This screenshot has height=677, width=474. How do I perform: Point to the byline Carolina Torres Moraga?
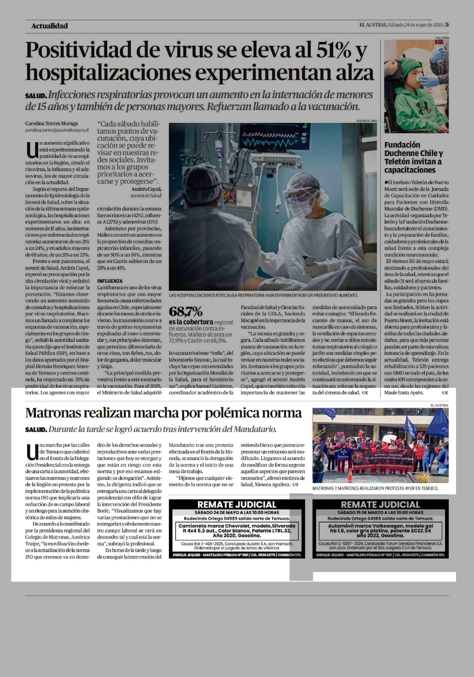tap(51, 124)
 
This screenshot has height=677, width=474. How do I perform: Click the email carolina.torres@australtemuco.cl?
tap(57, 130)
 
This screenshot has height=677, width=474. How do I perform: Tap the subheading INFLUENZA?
tap(110, 281)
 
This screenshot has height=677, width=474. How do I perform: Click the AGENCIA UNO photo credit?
tap(366, 121)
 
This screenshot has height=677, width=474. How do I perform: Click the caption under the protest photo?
tap(375, 488)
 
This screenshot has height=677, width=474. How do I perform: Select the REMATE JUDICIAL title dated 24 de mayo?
tap(237, 504)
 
